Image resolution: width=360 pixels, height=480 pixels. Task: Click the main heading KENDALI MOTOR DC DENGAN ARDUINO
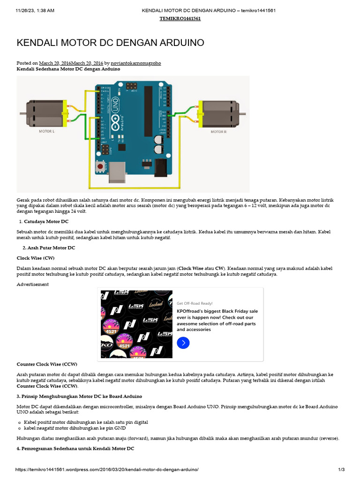110,43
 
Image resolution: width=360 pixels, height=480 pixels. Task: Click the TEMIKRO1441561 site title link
180,19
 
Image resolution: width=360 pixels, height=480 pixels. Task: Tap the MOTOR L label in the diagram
46,132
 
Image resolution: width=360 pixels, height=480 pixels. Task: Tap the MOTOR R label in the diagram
218,132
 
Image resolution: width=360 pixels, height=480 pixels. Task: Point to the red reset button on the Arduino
100,166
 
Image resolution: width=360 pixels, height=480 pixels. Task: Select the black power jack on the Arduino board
161,166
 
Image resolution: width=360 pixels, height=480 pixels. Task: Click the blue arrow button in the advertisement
183,343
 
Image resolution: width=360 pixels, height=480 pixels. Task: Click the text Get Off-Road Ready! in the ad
195,303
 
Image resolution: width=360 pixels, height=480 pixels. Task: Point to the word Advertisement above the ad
33,285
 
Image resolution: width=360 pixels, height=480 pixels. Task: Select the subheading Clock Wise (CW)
36,258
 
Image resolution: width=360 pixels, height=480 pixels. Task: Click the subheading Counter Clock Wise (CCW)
47,364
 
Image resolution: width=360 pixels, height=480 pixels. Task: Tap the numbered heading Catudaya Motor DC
46,221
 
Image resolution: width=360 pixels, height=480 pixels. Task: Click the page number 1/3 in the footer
341,470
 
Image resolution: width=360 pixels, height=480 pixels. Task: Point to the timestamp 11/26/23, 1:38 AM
34,10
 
